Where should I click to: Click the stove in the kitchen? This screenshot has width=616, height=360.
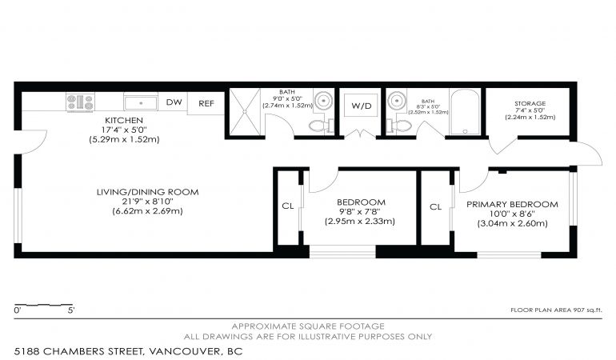point(80,102)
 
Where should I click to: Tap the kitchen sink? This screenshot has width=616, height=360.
point(141,102)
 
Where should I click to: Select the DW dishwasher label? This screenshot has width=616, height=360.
point(174,102)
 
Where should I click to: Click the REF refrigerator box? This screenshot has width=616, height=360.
point(206,103)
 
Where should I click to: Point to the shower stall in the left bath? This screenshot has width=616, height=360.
point(245,112)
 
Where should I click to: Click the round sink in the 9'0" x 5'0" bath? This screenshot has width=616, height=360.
point(324,100)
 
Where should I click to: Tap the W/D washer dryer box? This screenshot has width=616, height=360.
point(361,106)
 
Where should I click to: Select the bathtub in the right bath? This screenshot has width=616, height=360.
point(465,112)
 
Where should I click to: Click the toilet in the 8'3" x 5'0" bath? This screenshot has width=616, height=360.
point(399,126)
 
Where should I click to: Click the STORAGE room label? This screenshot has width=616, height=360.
point(530,103)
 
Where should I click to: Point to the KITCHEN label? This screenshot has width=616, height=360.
point(124,120)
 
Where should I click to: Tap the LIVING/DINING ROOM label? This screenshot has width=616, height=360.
point(148,192)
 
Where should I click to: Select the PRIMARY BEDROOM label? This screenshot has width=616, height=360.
point(512,204)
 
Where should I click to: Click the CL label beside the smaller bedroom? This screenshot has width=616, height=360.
point(288,206)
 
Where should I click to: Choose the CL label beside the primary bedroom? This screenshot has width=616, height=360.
point(436,206)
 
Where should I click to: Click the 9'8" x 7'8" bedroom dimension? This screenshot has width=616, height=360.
point(361,212)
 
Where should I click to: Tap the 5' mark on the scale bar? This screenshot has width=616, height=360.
point(71,310)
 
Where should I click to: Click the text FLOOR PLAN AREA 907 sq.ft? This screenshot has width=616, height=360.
point(556,310)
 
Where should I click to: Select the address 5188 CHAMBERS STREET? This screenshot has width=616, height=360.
point(78,351)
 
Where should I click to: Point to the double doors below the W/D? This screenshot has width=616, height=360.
point(361,135)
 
